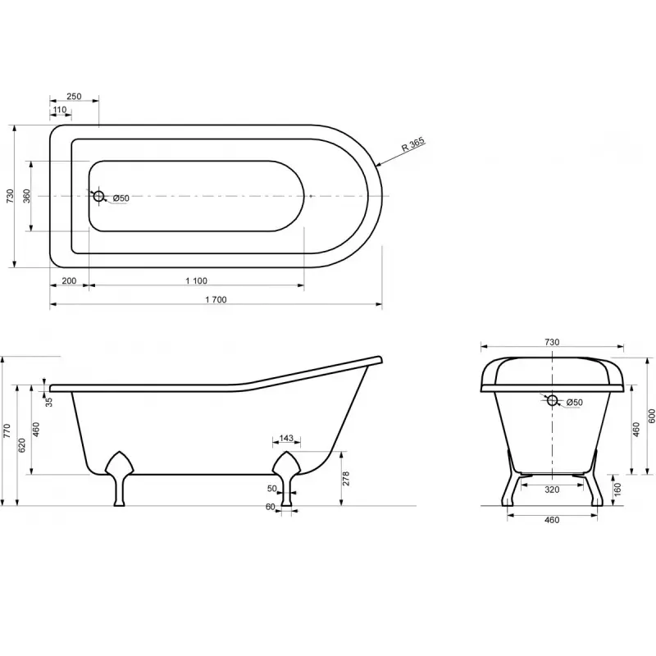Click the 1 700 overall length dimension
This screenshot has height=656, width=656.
216,299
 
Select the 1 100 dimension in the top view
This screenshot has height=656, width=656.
197,280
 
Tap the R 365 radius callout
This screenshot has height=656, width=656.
413,144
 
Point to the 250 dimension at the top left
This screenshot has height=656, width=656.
74,96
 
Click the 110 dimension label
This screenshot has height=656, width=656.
60,110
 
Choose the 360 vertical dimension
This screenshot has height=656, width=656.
26,196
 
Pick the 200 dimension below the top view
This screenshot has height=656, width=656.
69,280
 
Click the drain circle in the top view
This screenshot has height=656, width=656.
98,196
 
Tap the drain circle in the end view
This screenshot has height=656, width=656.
552,400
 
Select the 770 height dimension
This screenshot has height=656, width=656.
7,431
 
